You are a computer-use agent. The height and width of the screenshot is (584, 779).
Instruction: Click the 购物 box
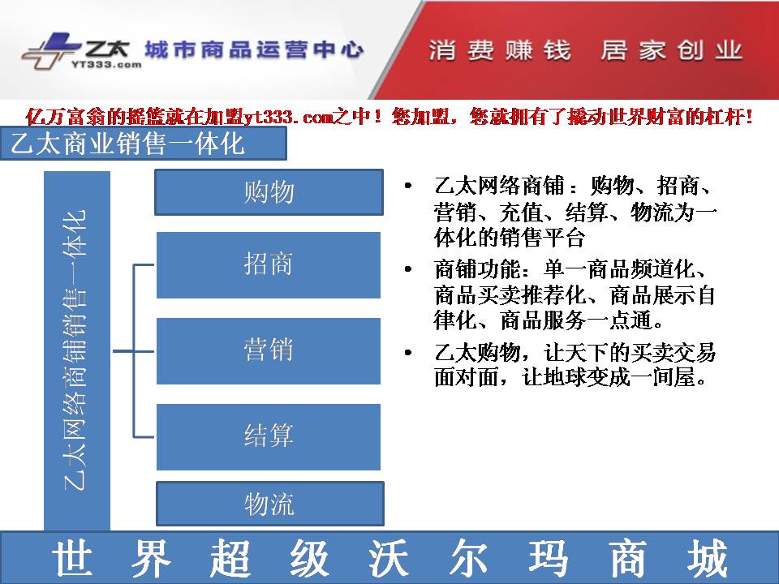coord(269,192)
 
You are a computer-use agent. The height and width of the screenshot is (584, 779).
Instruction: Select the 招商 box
coord(269,264)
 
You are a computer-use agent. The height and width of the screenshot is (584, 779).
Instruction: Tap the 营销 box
coord(269,350)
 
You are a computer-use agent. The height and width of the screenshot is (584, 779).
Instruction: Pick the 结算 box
coord(269,436)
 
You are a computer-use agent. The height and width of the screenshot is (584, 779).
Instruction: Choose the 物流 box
coord(269,504)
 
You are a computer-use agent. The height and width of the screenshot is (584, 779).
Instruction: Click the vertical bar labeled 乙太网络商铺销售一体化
coord(77,350)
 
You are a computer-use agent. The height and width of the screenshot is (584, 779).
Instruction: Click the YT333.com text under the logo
coord(106,64)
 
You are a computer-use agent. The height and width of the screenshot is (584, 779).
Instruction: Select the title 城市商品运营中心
coord(254,49)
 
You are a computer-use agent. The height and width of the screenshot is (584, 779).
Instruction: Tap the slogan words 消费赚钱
coord(500,50)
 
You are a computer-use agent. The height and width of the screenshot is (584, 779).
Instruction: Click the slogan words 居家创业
coord(671,50)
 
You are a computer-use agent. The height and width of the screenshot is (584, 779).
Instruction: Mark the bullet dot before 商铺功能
coord(408,269)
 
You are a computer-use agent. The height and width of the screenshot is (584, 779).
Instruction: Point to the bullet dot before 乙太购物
coord(408,353)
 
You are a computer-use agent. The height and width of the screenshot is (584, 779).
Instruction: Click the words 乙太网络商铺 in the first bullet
coord(499,186)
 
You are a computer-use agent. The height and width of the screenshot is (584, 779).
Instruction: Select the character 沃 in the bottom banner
coord(389,558)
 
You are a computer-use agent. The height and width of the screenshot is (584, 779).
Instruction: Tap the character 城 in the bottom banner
coord(708,558)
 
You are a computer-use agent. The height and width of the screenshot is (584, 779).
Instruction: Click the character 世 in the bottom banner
coord(72,558)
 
